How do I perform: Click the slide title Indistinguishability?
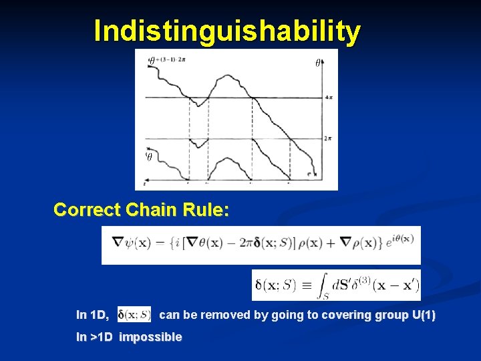(227, 31)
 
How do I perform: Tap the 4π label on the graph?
(329, 98)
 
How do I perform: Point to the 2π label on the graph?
(328, 138)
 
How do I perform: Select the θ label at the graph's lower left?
(150, 156)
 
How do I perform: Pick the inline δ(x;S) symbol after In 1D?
(134, 314)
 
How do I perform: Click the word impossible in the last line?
(150, 337)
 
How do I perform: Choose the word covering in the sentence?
(324, 314)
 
